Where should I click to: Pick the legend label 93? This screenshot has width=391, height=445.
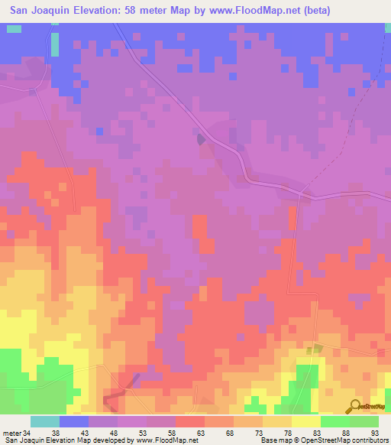coord(374,434)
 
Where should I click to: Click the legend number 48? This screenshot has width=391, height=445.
coord(113,434)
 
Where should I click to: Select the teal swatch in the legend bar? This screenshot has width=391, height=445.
coord(45,421)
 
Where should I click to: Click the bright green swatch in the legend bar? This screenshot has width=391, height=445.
coord(334,421)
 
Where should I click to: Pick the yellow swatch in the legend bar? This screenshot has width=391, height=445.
coord(305,421)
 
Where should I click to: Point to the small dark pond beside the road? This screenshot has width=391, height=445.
coord(201,139)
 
